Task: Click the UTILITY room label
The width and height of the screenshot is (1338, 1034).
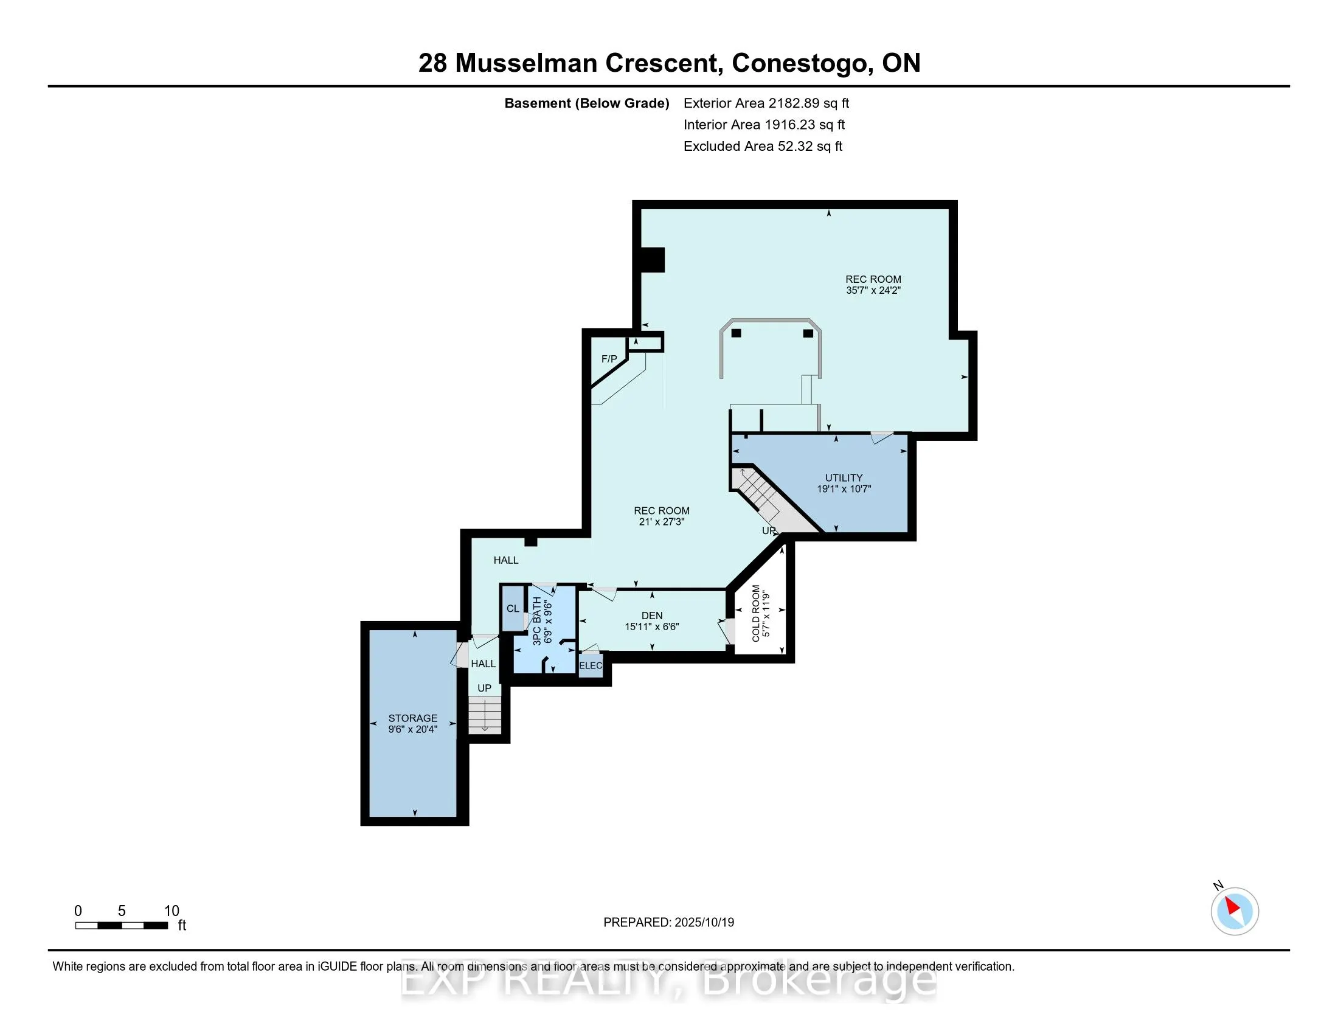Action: tap(844, 478)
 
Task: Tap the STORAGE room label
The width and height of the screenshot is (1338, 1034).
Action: tap(412, 718)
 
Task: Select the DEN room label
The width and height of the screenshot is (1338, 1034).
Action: tap(652, 616)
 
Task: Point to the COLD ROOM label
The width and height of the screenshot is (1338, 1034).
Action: tap(756, 613)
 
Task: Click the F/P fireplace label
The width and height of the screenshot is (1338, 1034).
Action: tap(609, 359)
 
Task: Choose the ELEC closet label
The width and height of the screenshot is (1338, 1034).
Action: tap(591, 665)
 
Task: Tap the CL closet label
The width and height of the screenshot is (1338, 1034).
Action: tap(513, 608)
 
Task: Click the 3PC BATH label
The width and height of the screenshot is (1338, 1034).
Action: tap(536, 620)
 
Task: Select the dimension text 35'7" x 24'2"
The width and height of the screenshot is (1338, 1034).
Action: tap(873, 290)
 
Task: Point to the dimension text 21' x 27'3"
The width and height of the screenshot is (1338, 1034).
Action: tap(661, 522)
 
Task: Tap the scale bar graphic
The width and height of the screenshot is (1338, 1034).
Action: tap(121, 926)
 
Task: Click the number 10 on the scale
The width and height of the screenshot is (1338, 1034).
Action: tap(172, 911)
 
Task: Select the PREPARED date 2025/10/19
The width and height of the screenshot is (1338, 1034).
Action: tap(704, 922)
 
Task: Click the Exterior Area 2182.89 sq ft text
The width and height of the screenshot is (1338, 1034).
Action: tap(766, 103)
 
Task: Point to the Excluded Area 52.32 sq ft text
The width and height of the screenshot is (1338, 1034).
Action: tap(763, 146)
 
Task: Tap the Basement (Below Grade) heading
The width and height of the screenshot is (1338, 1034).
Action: tap(586, 103)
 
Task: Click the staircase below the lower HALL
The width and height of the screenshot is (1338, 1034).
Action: tap(485, 715)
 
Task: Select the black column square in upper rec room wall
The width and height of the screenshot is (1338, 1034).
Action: tap(653, 259)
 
